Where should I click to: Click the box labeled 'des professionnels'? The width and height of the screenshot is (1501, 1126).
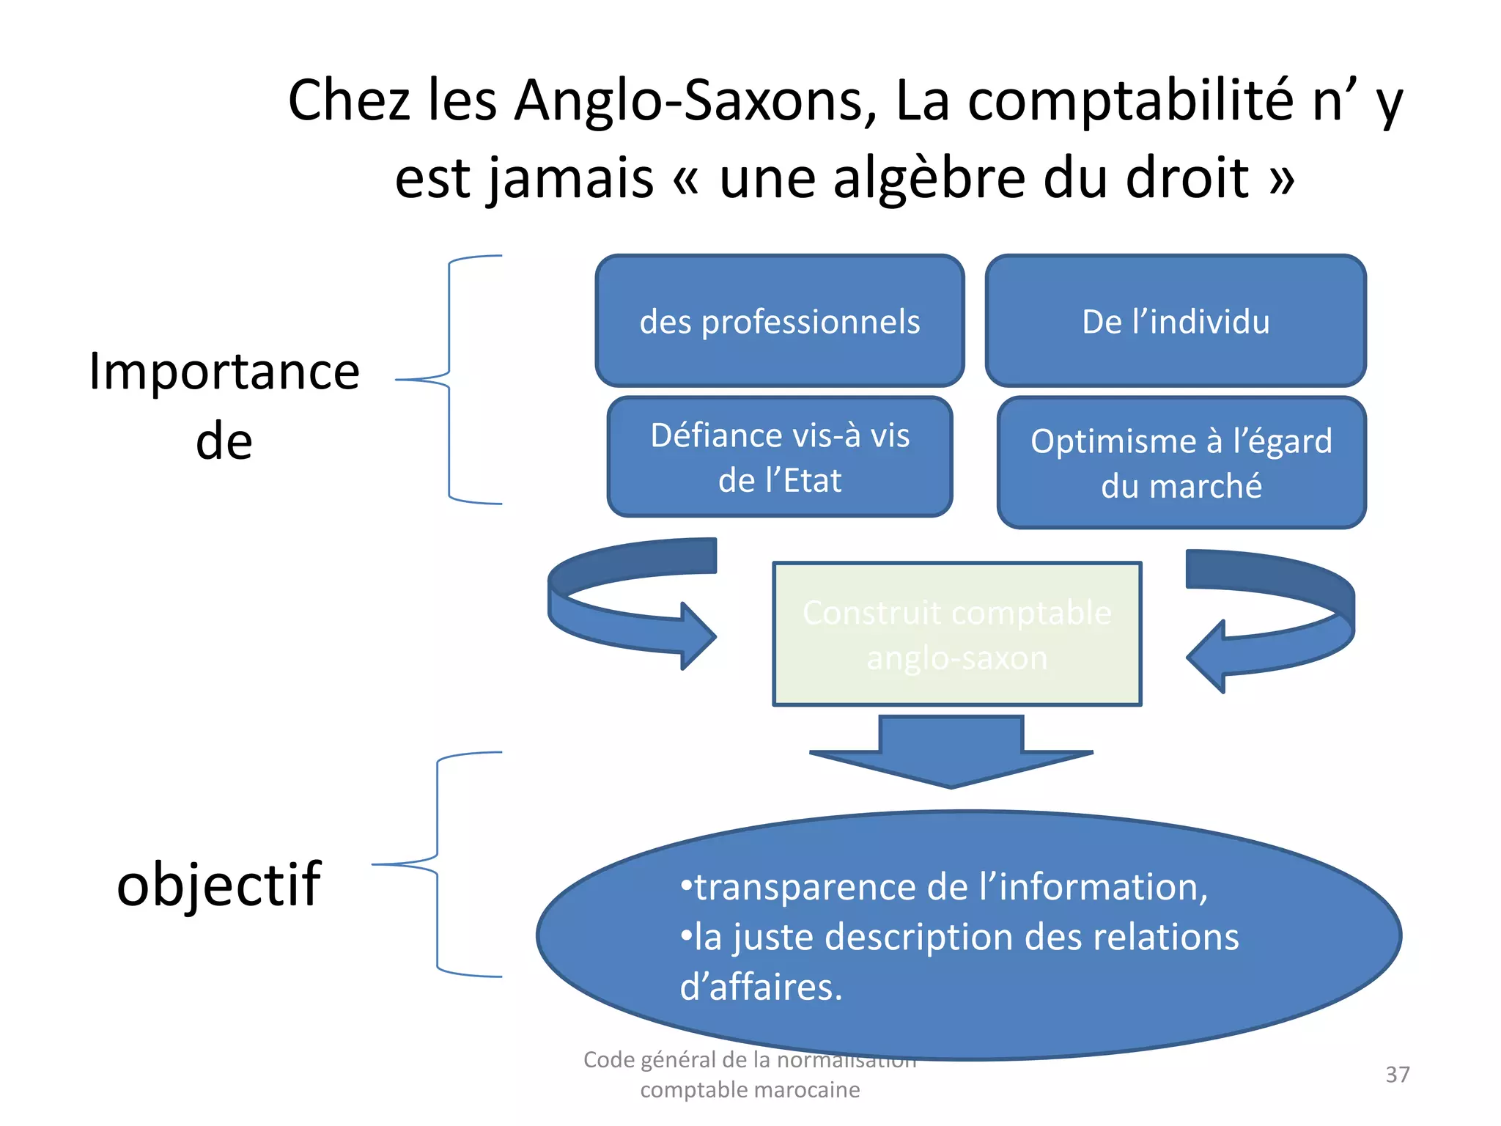click(x=779, y=321)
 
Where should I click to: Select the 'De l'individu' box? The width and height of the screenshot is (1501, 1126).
click(x=1176, y=321)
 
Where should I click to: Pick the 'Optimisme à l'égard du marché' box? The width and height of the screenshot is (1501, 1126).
click(x=1181, y=463)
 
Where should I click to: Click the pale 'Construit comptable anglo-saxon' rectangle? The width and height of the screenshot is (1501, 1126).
click(x=957, y=634)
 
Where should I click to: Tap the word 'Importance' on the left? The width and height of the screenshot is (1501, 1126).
click(x=224, y=372)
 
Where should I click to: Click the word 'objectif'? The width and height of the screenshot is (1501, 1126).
click(x=218, y=885)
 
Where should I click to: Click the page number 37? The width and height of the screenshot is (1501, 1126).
click(x=1397, y=1075)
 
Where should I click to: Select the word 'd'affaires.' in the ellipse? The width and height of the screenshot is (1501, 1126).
click(x=761, y=987)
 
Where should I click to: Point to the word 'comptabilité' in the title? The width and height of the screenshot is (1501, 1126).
click(x=1130, y=100)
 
